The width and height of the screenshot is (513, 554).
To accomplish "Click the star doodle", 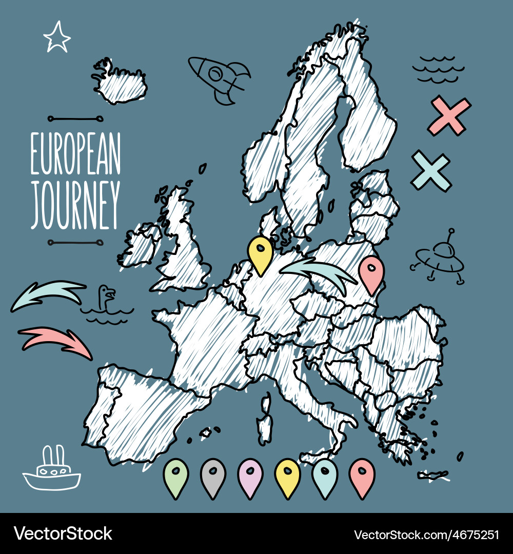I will coord(56,37).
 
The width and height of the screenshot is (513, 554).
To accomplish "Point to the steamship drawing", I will coord(52,470).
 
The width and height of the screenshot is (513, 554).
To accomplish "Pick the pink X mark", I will coord(449,116).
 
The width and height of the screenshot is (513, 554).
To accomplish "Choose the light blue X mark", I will coord(431,171).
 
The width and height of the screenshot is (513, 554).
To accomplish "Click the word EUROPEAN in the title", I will coord(75,153).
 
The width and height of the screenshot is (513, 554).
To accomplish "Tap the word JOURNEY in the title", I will coord(75,204).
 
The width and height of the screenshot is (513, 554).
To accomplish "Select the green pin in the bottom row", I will coord(176,477).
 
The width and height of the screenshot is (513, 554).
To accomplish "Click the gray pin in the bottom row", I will coord(213,477).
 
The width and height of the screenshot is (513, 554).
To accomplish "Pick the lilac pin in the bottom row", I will coord(250,477).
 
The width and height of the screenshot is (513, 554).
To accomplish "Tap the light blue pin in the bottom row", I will coord(325,477).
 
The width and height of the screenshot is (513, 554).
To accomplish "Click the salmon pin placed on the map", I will coord(371,274).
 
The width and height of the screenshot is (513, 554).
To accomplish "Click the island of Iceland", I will coord(119,82).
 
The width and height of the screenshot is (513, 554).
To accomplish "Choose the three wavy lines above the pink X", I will coord(439,69).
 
